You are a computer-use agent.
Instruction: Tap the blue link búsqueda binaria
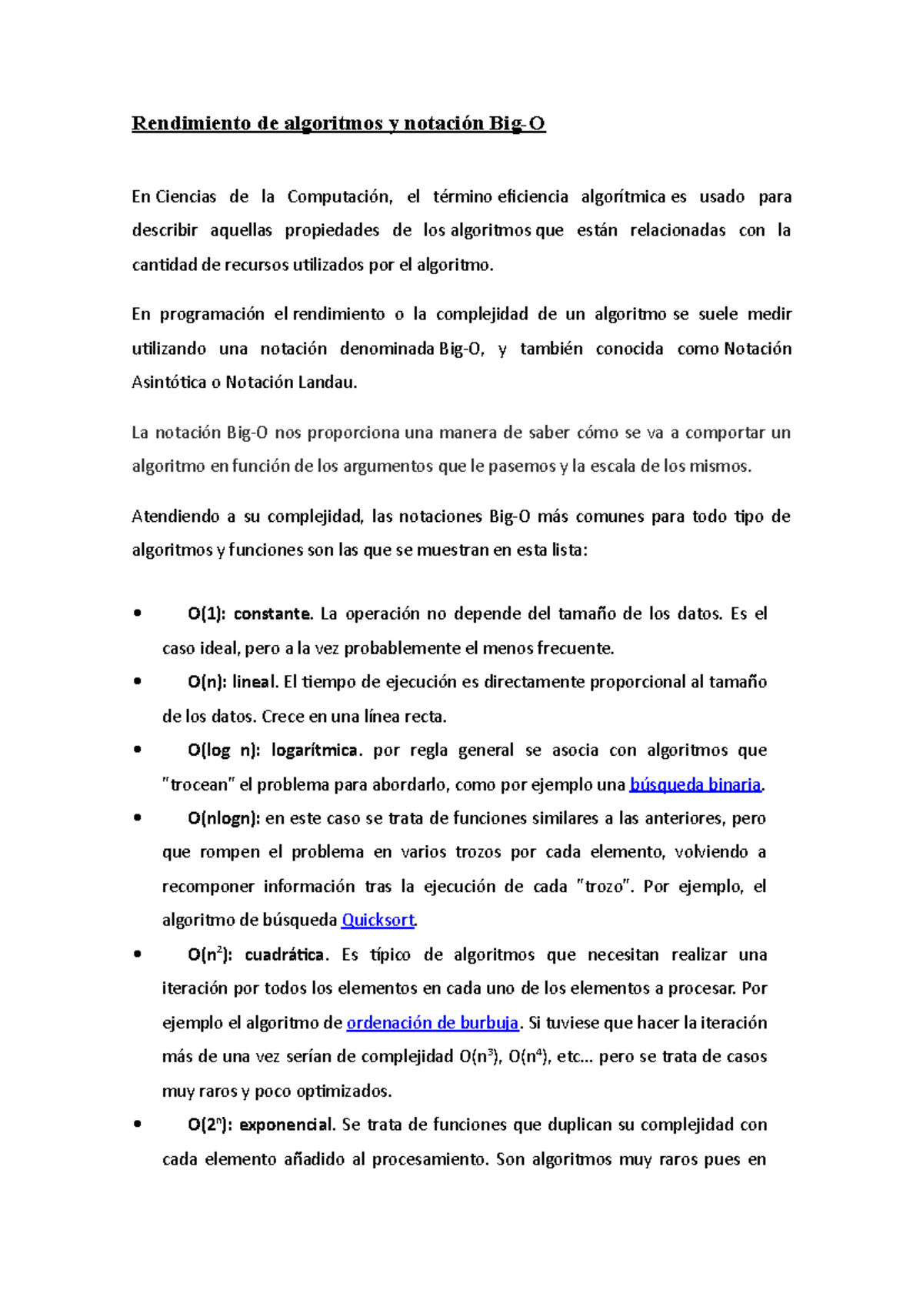pyautogui.click(x=695, y=784)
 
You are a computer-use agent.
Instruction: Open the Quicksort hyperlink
pyautogui.click(x=378, y=920)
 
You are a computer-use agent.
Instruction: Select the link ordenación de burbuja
pyautogui.click(x=432, y=1023)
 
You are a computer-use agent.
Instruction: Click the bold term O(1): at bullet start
pyautogui.click(x=206, y=614)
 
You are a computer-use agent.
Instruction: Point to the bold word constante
pyautogui.click(x=272, y=614)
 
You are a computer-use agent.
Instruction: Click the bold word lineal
pyautogui.click(x=255, y=682)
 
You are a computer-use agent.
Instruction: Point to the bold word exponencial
pyautogui.click(x=286, y=1125)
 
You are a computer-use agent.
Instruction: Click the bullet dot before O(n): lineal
pyautogui.click(x=137, y=682)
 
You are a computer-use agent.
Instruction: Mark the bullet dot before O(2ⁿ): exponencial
pyautogui.click(x=137, y=1125)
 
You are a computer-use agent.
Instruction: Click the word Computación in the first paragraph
pyautogui.click(x=338, y=197)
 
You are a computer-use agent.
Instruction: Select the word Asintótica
pyautogui.click(x=168, y=383)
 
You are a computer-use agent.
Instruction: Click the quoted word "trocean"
pyautogui.click(x=198, y=784)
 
